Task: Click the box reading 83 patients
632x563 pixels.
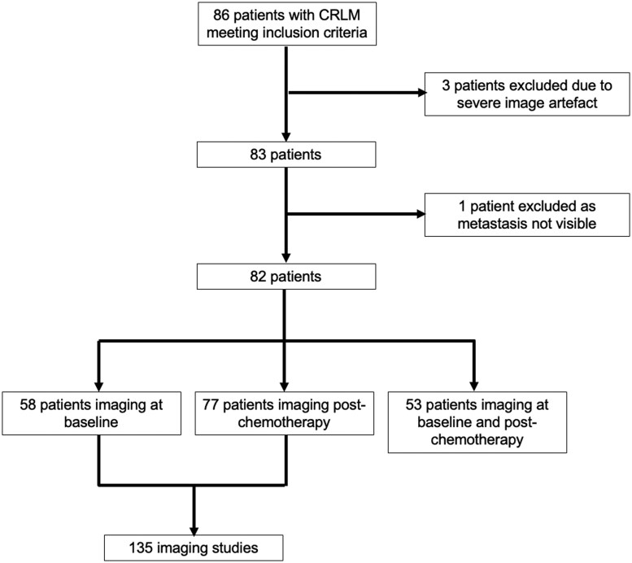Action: click(x=286, y=155)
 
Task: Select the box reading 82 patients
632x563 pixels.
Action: click(x=286, y=277)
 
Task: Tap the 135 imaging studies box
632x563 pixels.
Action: click(x=194, y=548)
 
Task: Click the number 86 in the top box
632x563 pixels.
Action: click(x=221, y=15)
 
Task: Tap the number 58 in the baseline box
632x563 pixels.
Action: click(x=28, y=404)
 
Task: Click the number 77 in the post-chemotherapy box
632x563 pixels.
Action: click(x=211, y=404)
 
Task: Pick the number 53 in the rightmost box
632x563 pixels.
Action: click(x=413, y=404)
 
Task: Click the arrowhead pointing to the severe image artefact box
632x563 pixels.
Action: click(x=422, y=93)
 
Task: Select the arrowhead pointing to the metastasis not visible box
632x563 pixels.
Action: click(x=421, y=214)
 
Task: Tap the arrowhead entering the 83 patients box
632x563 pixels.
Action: click(x=285, y=137)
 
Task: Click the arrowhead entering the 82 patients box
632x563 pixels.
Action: click(x=285, y=258)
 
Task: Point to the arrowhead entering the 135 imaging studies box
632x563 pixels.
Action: click(x=194, y=530)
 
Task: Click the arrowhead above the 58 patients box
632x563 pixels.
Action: click(x=98, y=386)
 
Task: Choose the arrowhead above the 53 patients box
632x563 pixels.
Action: click(x=474, y=386)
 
